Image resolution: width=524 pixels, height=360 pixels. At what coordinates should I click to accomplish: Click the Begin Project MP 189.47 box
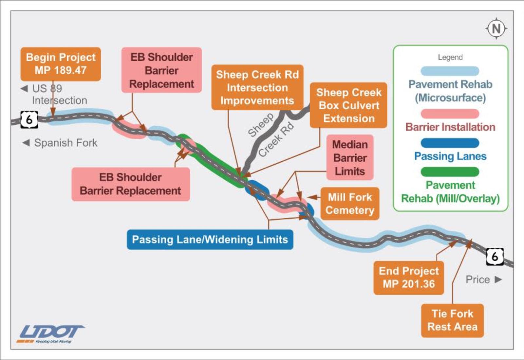(61, 64)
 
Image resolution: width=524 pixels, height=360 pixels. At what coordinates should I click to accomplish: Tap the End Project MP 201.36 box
(409, 278)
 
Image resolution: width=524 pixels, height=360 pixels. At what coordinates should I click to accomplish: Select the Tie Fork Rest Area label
(452, 320)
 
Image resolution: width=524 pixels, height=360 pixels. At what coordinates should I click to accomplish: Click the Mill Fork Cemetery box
(350, 204)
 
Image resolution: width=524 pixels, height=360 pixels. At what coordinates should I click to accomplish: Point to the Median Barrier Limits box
(350, 158)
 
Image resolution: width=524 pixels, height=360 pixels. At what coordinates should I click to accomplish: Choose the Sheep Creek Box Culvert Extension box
(348, 105)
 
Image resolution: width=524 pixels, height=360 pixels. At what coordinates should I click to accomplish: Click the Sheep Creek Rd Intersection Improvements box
(257, 87)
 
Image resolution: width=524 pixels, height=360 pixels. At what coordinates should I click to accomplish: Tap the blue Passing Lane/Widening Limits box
(210, 240)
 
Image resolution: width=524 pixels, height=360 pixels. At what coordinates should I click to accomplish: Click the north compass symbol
(496, 29)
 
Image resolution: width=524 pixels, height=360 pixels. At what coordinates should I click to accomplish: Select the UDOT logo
(51, 333)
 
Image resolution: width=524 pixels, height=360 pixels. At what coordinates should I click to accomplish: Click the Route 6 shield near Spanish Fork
(29, 120)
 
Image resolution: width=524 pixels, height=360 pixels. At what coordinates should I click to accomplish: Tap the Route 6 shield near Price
(495, 257)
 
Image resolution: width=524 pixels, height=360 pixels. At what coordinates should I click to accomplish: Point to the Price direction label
(483, 280)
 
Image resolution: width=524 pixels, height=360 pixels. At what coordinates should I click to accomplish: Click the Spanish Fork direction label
(60, 143)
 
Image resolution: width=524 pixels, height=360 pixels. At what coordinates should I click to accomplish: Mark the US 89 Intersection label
(54, 94)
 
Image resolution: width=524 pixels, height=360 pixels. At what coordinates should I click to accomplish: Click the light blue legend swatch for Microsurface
(450, 71)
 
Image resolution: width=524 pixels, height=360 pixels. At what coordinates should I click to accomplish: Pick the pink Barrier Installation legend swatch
(450, 114)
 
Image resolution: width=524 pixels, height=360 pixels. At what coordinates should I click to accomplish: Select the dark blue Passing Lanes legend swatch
(450, 143)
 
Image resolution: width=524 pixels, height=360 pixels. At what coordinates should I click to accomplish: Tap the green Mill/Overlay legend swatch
(450, 172)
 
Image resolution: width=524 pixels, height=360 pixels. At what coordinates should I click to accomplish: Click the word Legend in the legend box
(450, 57)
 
